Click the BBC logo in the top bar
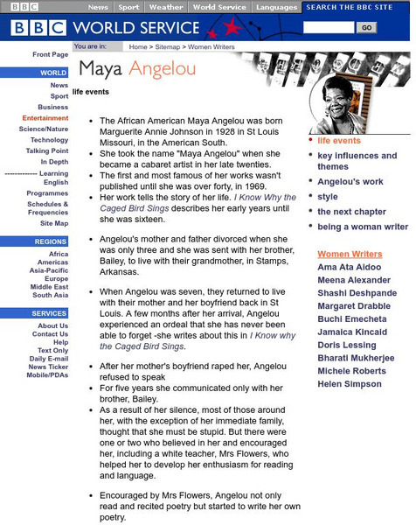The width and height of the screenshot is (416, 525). coord(34,7)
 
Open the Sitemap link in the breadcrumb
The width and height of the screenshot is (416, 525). coord(166,46)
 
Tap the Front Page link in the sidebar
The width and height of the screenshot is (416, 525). coord(50,54)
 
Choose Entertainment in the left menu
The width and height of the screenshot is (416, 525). coord(45,118)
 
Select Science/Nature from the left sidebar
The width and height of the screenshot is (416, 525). coord(44,129)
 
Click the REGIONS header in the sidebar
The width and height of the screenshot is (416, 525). coord(51,241)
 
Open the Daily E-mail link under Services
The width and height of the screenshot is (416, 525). coord(48,359)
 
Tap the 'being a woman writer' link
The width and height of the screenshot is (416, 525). coord(362,227)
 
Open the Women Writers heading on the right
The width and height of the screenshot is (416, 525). coord(350,254)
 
